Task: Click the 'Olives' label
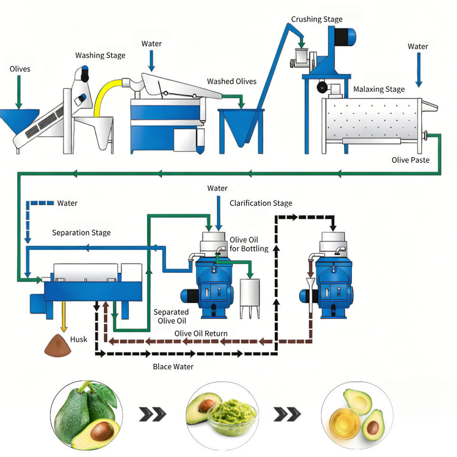coord(20,69)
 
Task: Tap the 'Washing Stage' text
coord(100,55)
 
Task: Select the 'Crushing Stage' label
coord(317,19)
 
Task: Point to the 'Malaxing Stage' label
coord(379,89)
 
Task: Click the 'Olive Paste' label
coord(410,160)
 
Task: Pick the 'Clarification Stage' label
coord(261,203)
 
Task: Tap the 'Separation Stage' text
coord(81,233)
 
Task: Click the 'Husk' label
coord(79,339)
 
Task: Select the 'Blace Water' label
coord(173,367)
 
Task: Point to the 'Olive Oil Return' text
coord(201,333)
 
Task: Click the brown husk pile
coord(58,346)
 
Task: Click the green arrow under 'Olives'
coord(19,92)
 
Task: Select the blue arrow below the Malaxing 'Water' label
coord(419,70)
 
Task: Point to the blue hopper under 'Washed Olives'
coord(240,128)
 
